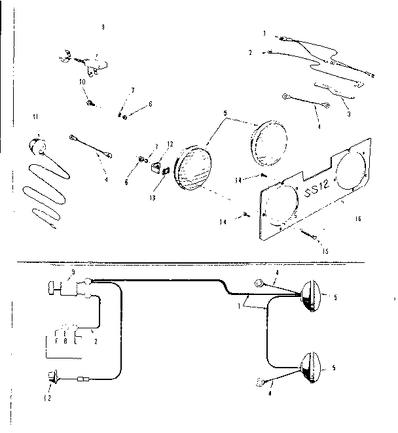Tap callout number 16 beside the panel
[357, 219]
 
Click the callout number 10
[81, 82]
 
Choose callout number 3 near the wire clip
[349, 114]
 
